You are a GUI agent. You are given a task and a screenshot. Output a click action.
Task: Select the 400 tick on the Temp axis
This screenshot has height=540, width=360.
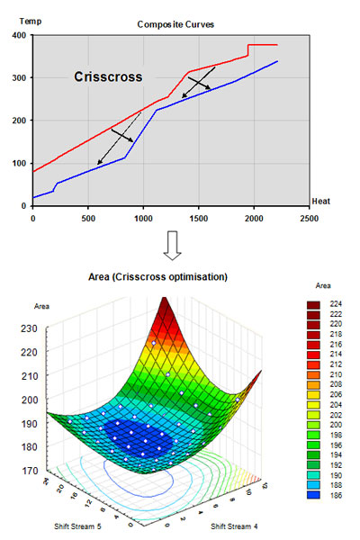pyautogui.click(x=19, y=35)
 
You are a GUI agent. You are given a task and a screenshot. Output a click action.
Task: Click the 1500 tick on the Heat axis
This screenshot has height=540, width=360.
pyautogui.click(x=198, y=218)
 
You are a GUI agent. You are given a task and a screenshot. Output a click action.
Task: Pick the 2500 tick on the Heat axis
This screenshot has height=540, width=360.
pyautogui.click(x=309, y=218)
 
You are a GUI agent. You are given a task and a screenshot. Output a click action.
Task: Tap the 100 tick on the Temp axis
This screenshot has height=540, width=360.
pyautogui.click(x=19, y=163)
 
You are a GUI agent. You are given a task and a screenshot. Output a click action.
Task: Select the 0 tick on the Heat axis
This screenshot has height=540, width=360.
pyautogui.click(x=33, y=218)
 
